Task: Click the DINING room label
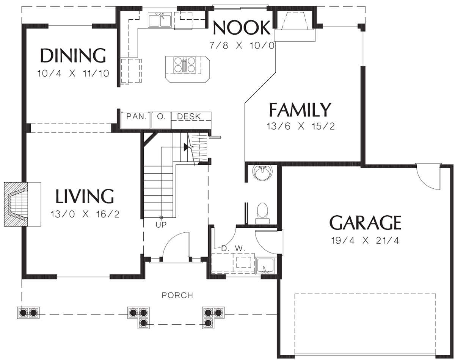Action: (73, 55)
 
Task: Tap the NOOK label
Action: (242, 28)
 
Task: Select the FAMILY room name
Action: (300, 110)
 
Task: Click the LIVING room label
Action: (85, 196)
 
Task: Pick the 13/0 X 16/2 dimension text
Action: (85, 214)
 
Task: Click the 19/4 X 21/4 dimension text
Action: (365, 241)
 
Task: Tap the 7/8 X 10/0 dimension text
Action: (242, 45)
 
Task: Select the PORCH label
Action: (177, 295)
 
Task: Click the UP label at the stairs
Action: (161, 225)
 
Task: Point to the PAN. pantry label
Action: (136, 116)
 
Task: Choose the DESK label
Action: (189, 116)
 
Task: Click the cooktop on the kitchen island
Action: (185, 65)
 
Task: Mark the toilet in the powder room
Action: (263, 213)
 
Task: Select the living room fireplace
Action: (22, 204)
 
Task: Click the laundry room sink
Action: (265, 266)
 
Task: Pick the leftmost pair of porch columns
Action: (28, 312)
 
